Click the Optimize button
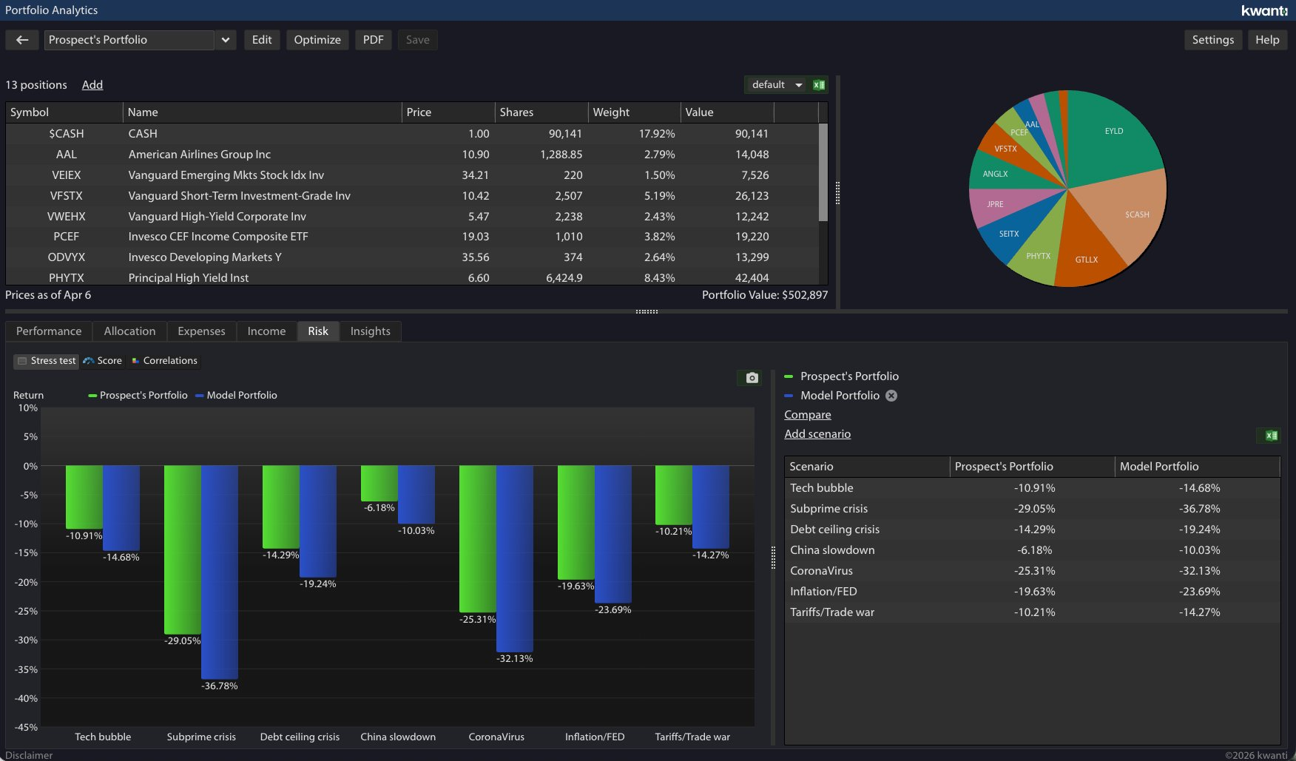(x=317, y=40)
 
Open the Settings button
(x=1212, y=40)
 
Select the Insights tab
(x=370, y=331)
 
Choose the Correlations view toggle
(x=164, y=361)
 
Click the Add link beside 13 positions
(x=92, y=85)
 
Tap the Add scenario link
(x=817, y=434)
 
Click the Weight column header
(x=611, y=112)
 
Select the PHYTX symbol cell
(x=67, y=278)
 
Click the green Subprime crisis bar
(x=182, y=549)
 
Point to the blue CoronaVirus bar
(x=515, y=558)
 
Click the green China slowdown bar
(x=379, y=484)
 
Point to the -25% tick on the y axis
(x=26, y=612)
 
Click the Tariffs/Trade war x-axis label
(x=692, y=737)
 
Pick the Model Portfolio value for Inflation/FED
(x=1199, y=592)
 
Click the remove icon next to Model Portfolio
(x=891, y=396)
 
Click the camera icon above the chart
(x=752, y=378)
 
